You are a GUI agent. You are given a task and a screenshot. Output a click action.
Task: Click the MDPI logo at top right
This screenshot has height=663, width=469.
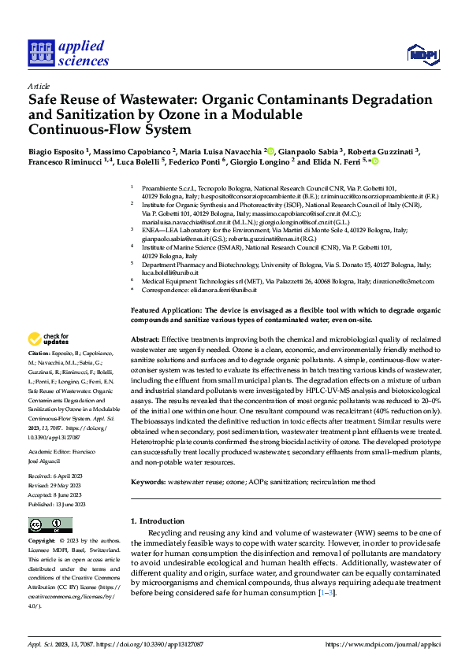tap(421, 54)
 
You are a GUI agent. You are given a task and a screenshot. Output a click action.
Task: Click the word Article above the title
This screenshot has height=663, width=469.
tap(39, 86)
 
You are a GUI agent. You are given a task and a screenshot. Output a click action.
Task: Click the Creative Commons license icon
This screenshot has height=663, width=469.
tap(50, 525)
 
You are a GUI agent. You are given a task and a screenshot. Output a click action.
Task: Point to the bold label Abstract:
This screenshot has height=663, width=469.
tap(147, 338)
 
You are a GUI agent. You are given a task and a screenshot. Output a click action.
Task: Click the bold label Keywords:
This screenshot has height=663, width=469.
tap(151, 480)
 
